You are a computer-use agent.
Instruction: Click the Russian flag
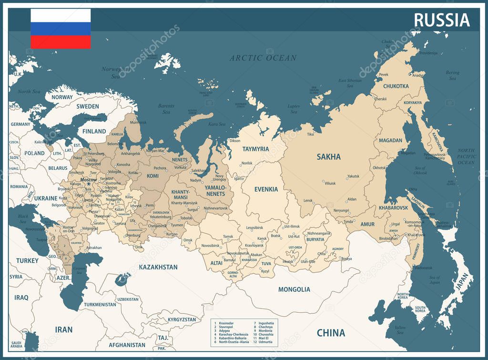tap(61, 29)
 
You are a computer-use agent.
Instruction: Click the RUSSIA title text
tap(441, 20)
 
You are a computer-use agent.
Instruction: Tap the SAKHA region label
tap(329, 156)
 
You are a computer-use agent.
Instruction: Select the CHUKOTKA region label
tap(396, 86)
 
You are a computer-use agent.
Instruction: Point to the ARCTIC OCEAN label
tap(263, 58)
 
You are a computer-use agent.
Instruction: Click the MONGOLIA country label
tap(294, 289)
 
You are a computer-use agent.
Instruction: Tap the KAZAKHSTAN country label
tap(158, 267)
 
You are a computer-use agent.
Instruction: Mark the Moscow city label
tap(88, 180)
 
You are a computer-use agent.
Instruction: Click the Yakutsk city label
tap(353, 176)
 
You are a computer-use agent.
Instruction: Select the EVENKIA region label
tap(266, 189)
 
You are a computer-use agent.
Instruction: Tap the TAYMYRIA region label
tap(255, 149)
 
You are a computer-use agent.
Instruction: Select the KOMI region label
tap(152, 176)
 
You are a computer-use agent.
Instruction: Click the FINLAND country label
tap(94, 131)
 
